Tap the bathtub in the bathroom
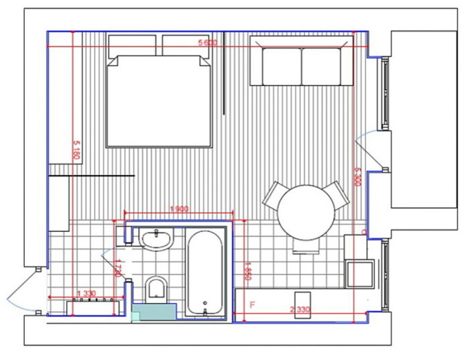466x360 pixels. click(204, 272)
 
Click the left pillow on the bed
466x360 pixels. click(133, 46)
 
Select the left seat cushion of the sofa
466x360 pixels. click(282, 66)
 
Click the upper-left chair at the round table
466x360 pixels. click(275, 195)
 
